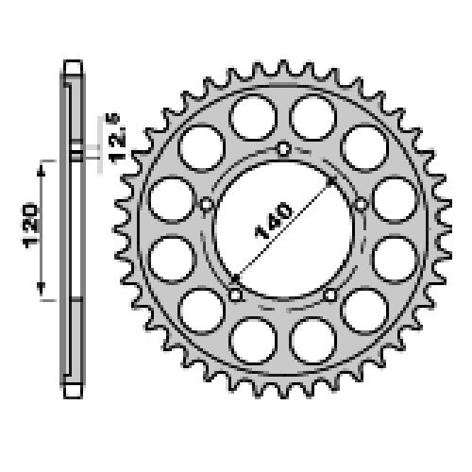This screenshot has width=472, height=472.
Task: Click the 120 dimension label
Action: pos(30,226)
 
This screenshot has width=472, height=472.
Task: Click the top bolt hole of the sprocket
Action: pos(283,149)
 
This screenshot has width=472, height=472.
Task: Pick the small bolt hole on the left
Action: pos(207,205)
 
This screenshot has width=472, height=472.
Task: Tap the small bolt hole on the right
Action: pos(361,205)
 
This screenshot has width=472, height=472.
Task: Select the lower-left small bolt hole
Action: pos(235,295)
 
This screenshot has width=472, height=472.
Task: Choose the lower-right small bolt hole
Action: pos(330,295)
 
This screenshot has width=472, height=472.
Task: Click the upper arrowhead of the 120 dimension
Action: pos(41,172)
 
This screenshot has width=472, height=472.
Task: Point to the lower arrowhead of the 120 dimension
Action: pos(41,288)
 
